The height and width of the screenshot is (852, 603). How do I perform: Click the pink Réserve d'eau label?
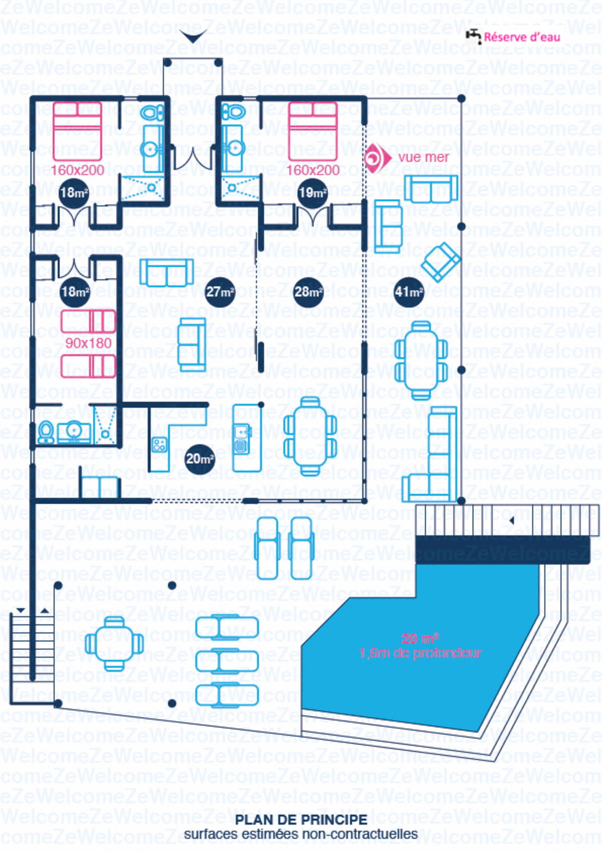522,37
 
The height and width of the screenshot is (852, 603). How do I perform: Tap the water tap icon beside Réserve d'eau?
473,36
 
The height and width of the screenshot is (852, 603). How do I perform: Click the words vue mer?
423,157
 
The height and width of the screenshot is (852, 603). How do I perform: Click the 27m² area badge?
220,292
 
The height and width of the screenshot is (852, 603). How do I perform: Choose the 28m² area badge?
308,292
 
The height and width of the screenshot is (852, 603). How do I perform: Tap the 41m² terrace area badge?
409,292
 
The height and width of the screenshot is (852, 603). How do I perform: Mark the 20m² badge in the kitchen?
200,458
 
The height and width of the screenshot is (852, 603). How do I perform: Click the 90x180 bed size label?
88,343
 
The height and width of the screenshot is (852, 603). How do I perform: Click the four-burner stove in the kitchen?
160,444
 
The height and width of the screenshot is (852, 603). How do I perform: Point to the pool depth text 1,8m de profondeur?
420,653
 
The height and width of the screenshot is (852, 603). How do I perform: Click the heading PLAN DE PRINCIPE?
301,820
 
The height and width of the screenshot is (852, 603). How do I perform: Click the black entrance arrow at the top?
193,36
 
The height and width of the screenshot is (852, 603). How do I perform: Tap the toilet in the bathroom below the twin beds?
46,432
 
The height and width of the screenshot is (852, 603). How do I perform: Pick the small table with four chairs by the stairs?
114,643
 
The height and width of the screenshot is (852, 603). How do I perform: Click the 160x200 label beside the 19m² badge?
313,170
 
